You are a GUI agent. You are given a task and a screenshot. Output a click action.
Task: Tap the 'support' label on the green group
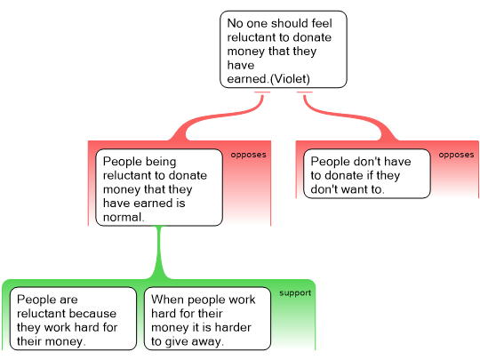pyautogui.click(x=295, y=293)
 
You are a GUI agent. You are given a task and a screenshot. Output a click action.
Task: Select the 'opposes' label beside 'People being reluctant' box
pyautogui.click(x=248, y=155)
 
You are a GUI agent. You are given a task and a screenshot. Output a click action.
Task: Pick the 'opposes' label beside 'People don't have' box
pyautogui.click(x=456, y=155)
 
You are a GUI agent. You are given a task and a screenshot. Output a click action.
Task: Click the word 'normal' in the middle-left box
pyautogui.click(x=123, y=217)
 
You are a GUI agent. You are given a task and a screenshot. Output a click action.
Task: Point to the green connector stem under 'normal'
pyautogui.click(x=159, y=252)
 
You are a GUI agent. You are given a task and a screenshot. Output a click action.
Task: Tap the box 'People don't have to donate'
pyautogui.click(x=367, y=174)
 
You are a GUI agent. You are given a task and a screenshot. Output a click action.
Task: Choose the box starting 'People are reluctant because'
pyautogui.click(x=73, y=319)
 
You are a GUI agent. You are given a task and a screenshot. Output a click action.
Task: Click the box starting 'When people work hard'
pyautogui.click(x=207, y=319)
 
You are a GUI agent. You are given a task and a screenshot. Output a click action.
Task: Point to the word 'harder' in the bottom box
pyautogui.click(x=233, y=327)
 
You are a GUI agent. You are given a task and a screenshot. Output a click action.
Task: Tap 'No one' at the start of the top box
pyautogui.click(x=246, y=23)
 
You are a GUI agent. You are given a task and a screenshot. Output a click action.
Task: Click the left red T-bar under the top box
pyautogui.click(x=262, y=92)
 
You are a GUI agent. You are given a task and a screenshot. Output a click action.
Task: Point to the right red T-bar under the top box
pyautogui.click(x=305, y=92)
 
